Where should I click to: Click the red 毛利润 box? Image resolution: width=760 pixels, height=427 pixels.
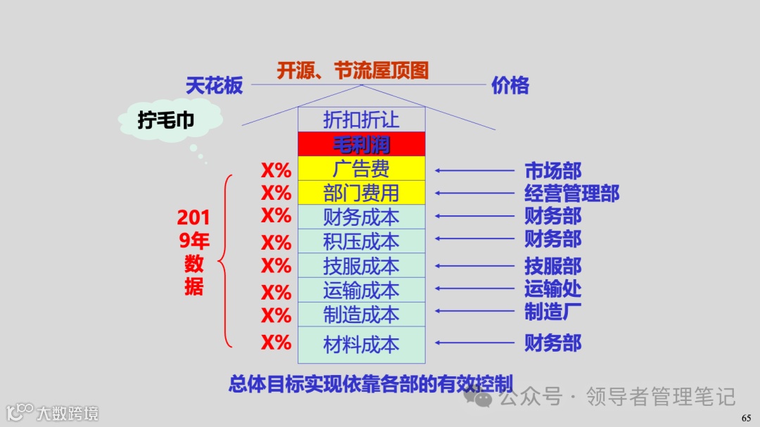click(x=361, y=144)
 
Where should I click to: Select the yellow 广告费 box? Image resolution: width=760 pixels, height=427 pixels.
click(x=361, y=169)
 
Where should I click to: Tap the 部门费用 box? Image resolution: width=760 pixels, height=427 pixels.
click(x=361, y=193)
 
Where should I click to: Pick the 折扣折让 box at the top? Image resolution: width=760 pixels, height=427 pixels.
click(x=361, y=120)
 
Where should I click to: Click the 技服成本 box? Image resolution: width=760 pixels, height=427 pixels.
click(x=361, y=266)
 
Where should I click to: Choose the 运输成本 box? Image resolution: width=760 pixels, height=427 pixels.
click(x=361, y=290)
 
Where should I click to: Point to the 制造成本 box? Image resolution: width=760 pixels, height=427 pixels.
click(x=361, y=314)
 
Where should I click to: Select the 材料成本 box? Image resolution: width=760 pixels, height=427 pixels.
click(x=361, y=344)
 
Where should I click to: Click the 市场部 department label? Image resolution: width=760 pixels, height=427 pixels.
click(x=553, y=170)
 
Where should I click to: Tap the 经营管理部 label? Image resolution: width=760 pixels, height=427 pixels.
click(x=571, y=193)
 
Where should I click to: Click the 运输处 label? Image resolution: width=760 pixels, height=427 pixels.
click(x=553, y=288)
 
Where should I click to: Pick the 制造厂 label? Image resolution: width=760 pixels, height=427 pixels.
click(x=553, y=311)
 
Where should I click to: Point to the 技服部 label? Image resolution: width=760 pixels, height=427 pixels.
click(x=553, y=266)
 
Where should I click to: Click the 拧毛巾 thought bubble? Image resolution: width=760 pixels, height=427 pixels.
click(x=166, y=121)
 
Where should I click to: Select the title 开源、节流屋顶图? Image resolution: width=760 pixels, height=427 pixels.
click(x=353, y=70)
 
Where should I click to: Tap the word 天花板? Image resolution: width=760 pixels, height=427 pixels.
click(x=214, y=86)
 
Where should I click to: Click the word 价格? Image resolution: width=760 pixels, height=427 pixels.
click(x=510, y=86)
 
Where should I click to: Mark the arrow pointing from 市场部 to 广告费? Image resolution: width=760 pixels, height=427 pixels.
click(x=475, y=170)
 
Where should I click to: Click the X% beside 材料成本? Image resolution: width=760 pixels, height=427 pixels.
click(x=276, y=343)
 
